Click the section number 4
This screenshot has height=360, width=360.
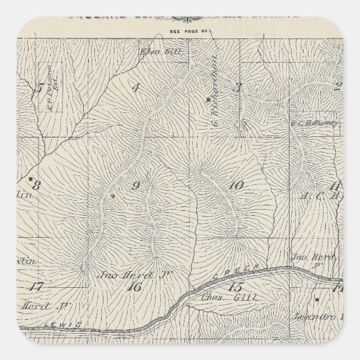click(135, 87)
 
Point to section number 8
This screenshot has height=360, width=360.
click(37, 186)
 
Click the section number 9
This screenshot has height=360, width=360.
click(135, 186)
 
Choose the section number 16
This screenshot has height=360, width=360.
click(134, 287)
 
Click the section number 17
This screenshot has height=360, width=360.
click(36, 287)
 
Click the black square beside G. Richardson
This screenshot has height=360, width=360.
click(207, 100)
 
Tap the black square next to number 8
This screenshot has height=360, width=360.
click(30, 179)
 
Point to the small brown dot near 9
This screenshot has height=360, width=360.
click(112, 196)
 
